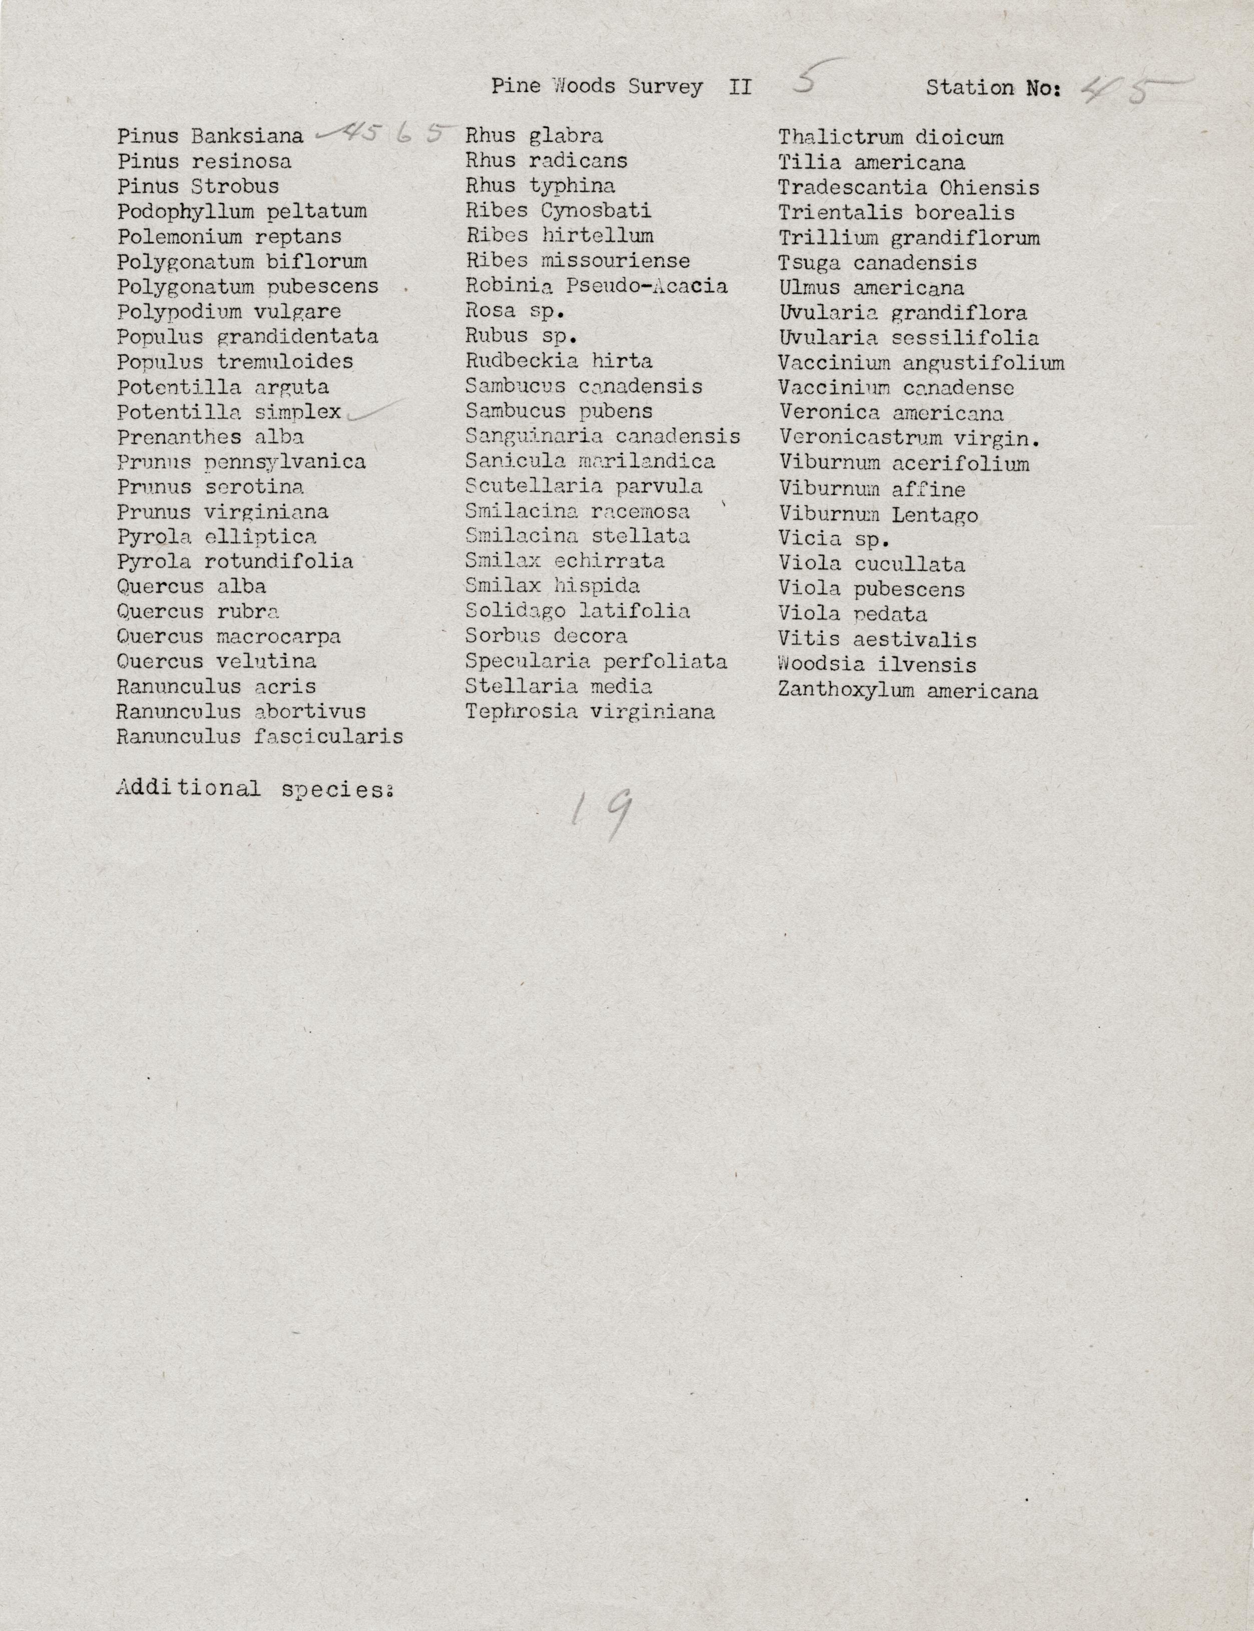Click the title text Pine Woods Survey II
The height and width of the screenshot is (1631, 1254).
621,87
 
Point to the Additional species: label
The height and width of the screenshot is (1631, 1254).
254,789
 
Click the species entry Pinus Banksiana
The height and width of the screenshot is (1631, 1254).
210,137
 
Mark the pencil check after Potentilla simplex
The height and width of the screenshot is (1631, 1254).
373,410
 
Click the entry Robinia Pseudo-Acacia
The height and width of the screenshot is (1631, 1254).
596,286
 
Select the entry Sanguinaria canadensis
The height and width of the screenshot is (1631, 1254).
602,436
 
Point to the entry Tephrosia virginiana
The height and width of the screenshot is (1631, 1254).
590,711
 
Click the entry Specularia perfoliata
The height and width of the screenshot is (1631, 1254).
596,661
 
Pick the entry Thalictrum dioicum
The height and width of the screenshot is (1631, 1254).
891,137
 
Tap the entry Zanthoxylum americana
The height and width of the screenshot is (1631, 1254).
908,691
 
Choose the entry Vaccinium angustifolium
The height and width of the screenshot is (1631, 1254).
921,363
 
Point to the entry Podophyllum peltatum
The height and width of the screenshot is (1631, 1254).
242,211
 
